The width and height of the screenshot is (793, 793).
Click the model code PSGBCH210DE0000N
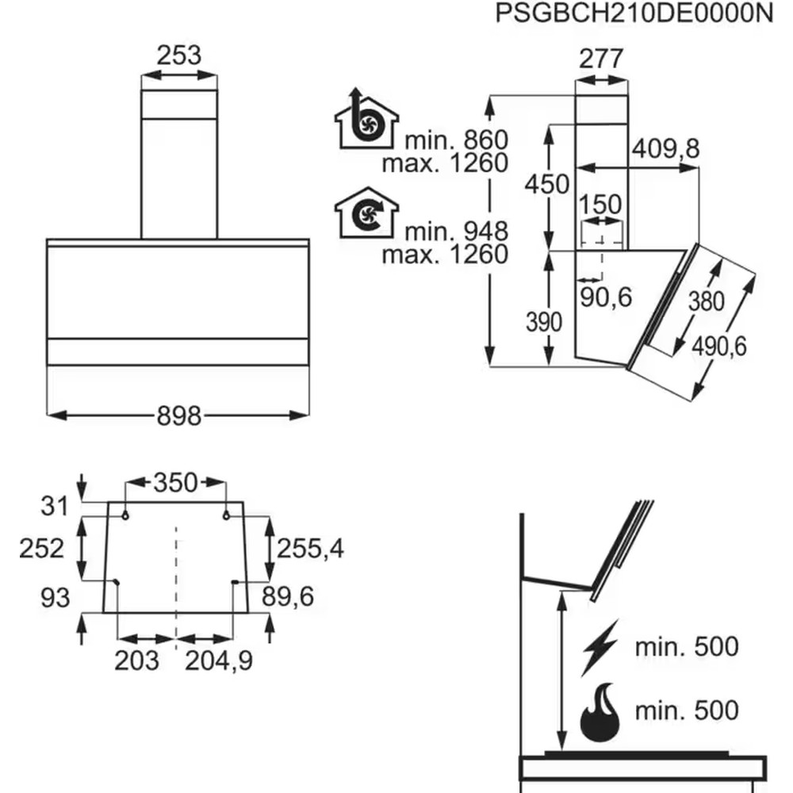[x=634, y=13]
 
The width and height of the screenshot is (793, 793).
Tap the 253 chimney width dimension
[x=179, y=56]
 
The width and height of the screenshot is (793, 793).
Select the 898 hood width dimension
[x=179, y=416]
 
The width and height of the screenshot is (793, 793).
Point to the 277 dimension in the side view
[x=601, y=59]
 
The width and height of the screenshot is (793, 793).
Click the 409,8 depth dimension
[x=666, y=149]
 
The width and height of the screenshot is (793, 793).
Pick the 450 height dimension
[x=546, y=184]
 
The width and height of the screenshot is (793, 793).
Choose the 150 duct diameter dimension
[x=600, y=205]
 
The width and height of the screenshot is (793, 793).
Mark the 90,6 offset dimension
[x=606, y=297]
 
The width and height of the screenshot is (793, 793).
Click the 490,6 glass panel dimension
[x=719, y=347]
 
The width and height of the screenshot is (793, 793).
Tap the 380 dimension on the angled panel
[x=707, y=301]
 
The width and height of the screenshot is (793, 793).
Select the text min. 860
[x=456, y=140]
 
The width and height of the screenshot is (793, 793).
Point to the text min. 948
[x=456, y=232]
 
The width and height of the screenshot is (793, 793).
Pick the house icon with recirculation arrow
[x=366, y=213]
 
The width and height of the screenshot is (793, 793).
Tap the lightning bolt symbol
[x=600, y=648]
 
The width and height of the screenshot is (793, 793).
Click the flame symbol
[x=600, y=712]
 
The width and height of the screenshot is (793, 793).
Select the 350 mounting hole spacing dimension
[x=175, y=483]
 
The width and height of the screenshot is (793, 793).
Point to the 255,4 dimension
[x=311, y=549]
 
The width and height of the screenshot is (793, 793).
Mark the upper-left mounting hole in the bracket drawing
[x=125, y=516]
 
